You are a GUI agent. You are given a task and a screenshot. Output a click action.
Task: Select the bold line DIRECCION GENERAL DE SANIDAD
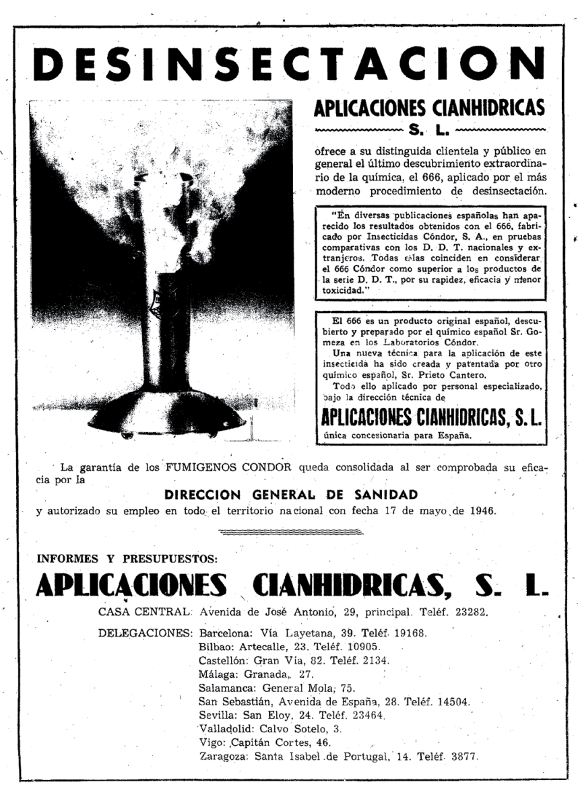[291, 493]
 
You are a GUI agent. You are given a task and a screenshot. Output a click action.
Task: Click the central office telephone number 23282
[464, 612]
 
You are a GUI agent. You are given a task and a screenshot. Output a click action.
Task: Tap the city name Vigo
[213, 742]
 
